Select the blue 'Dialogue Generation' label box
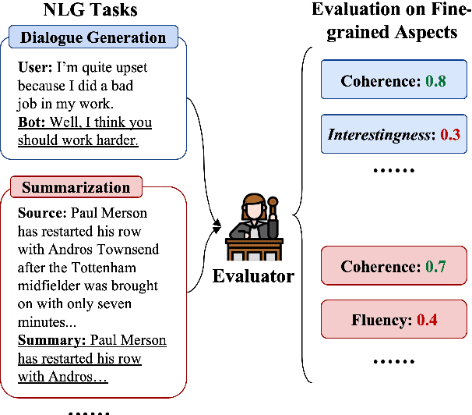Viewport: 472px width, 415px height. (93, 37)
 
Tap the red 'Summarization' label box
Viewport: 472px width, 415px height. (76, 188)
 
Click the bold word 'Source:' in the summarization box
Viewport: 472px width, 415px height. (41, 213)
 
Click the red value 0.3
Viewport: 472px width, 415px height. (449, 133)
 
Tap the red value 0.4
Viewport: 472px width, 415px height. (428, 319)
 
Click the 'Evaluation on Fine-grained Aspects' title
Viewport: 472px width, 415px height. (385, 22)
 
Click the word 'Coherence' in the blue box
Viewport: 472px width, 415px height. (377, 81)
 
